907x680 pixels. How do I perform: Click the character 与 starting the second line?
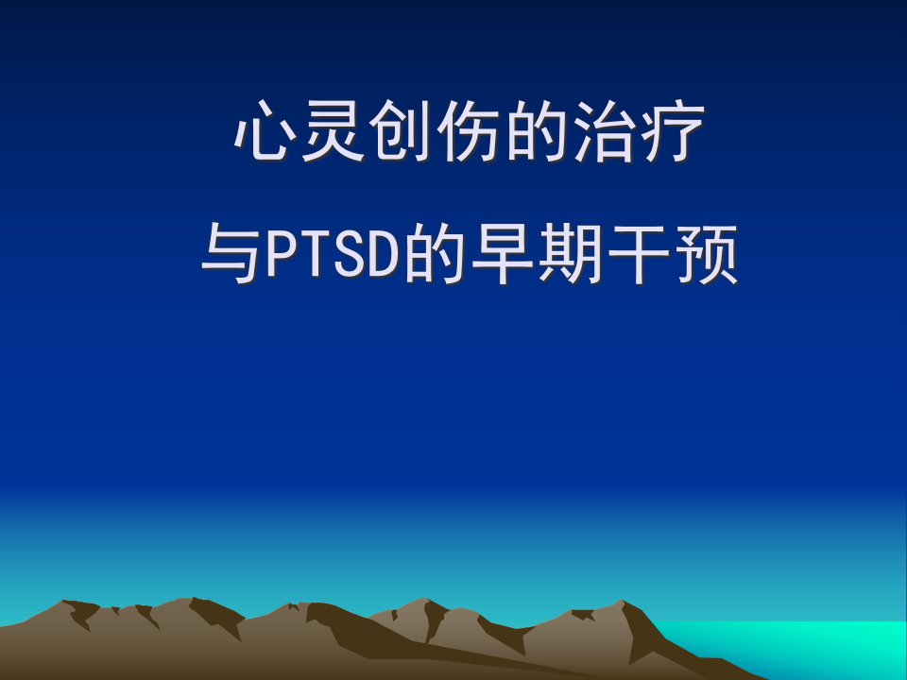pos(231,254)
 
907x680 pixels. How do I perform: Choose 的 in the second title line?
pos(434,254)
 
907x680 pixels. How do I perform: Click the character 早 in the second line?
pos(502,254)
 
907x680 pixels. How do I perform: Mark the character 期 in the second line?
pos(571,254)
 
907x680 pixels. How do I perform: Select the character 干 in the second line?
pos(639,254)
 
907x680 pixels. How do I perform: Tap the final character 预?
pos(707,254)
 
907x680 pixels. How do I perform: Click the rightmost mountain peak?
pos(623,602)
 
